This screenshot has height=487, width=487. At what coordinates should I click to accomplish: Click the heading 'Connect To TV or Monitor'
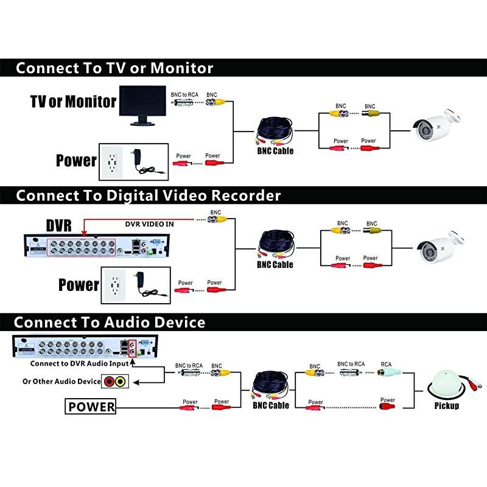(114, 67)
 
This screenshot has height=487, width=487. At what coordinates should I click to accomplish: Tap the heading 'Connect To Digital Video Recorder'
(148, 195)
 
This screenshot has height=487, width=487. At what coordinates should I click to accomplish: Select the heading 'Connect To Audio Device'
(110, 322)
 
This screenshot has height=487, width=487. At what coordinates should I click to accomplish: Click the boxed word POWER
(91, 407)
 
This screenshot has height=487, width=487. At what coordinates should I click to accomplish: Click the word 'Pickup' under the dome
(447, 405)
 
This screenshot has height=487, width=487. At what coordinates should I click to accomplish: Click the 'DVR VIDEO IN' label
(149, 224)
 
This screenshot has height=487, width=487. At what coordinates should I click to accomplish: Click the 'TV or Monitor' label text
(73, 101)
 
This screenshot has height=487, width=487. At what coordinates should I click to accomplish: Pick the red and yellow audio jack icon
(114, 382)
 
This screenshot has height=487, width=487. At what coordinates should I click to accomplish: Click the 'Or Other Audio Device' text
(61, 382)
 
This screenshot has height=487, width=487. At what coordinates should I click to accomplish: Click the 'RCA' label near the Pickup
(386, 363)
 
